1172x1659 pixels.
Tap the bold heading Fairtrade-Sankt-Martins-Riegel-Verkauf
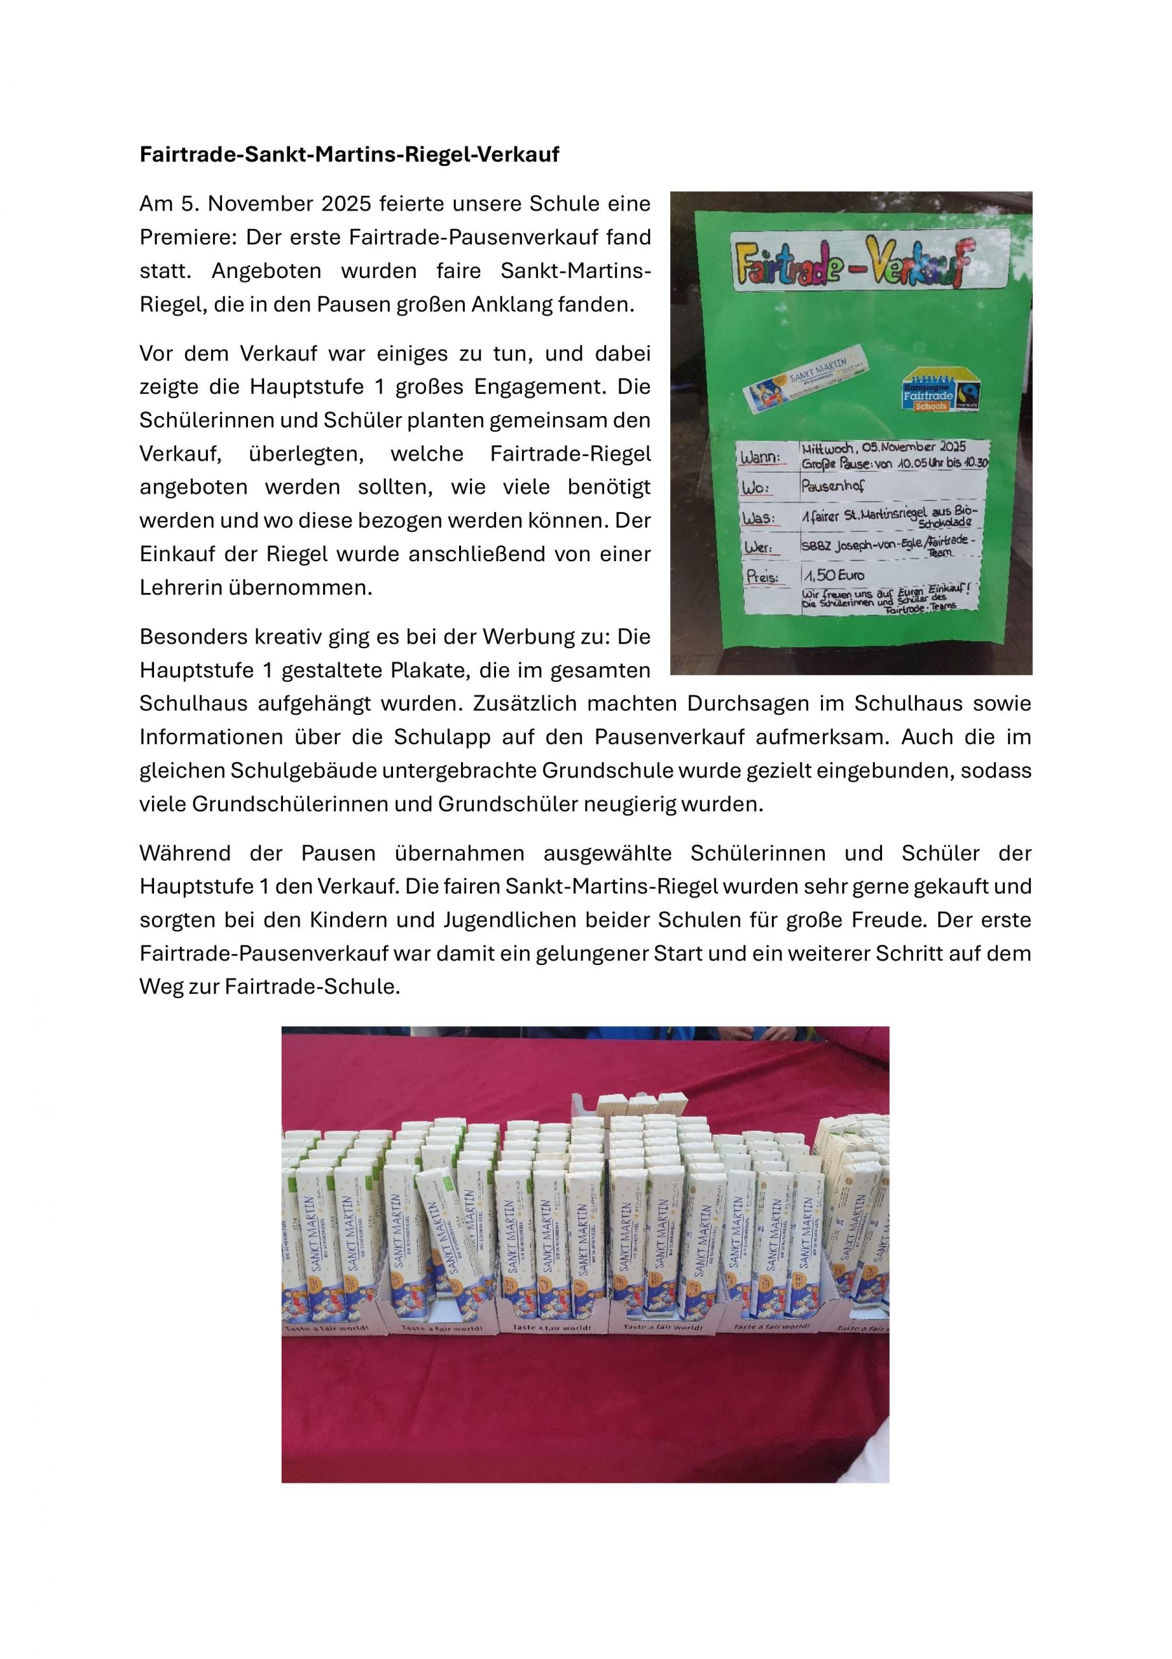coord(349,155)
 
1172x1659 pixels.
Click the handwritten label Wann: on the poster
coord(759,458)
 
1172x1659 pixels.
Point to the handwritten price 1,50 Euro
coord(833,575)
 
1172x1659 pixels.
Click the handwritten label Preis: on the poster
coord(761,577)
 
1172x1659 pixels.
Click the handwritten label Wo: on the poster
coord(756,489)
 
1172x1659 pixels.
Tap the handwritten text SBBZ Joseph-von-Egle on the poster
coord(861,546)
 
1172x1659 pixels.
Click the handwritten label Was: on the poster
coord(758,519)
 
